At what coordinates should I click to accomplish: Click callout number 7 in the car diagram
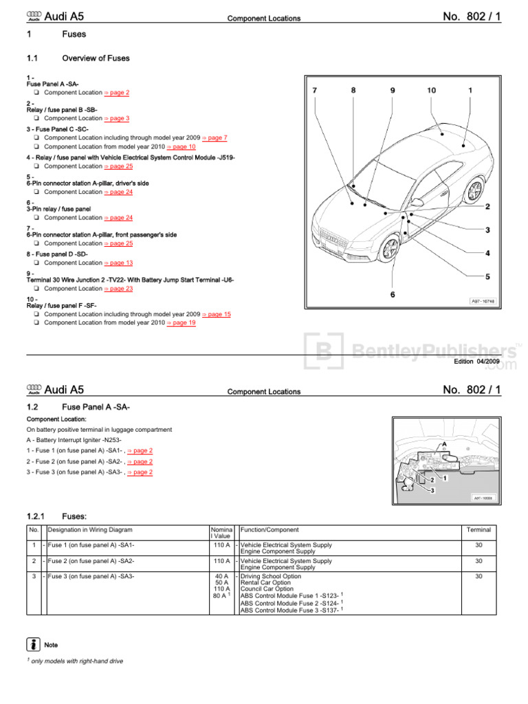[x=315, y=90]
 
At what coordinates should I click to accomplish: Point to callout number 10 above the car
[x=431, y=90]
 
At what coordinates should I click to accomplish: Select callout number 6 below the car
[x=393, y=294]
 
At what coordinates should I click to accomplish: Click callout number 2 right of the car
[x=487, y=206]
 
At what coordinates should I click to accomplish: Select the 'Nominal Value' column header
[x=221, y=533]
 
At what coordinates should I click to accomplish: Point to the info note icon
[x=33, y=645]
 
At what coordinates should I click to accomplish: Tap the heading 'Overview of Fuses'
[x=96, y=58]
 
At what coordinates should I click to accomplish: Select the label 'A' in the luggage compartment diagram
[x=444, y=444]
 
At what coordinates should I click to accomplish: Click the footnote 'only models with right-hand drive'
[x=77, y=661]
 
